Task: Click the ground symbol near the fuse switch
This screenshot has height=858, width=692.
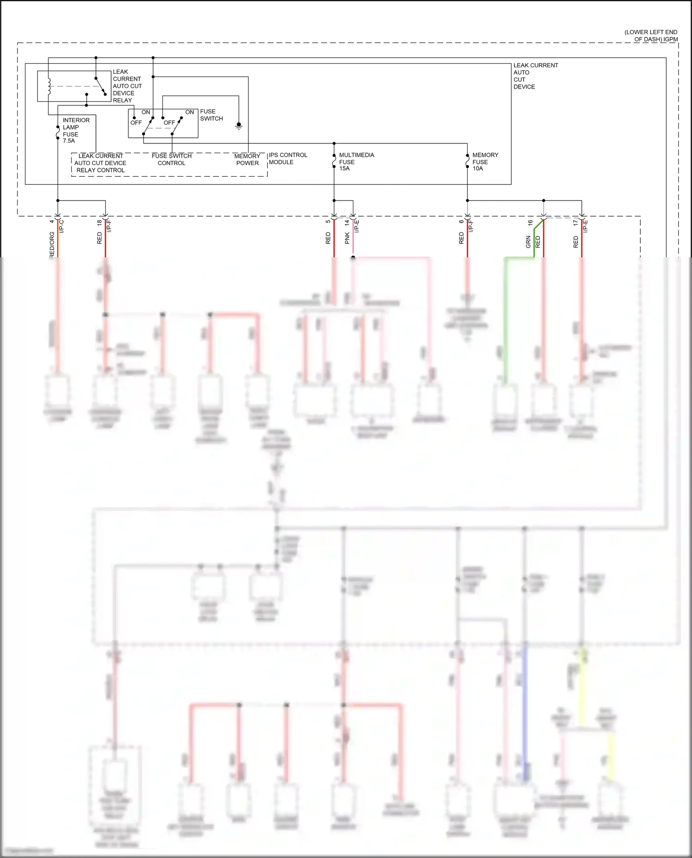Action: click(239, 126)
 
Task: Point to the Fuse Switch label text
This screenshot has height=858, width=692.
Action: click(211, 115)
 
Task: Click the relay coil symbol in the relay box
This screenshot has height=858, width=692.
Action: click(49, 86)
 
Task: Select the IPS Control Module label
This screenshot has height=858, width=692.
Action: click(288, 159)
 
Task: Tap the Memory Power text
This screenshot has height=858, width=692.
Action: click(247, 160)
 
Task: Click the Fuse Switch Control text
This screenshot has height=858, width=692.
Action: click(172, 160)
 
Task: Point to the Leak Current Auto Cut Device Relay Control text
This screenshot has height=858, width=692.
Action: click(100, 163)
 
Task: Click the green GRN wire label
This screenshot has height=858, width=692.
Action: click(528, 242)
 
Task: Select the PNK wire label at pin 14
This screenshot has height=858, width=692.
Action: click(347, 238)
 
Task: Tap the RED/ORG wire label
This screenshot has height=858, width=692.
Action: click(52, 244)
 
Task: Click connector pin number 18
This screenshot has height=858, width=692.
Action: click(99, 222)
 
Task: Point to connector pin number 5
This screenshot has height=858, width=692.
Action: click(328, 221)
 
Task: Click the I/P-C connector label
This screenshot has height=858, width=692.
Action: click(62, 226)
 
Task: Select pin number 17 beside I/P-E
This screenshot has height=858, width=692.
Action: click(575, 222)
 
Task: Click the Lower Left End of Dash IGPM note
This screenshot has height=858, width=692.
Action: click(651, 36)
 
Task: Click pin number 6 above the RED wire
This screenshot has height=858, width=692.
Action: click(461, 221)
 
